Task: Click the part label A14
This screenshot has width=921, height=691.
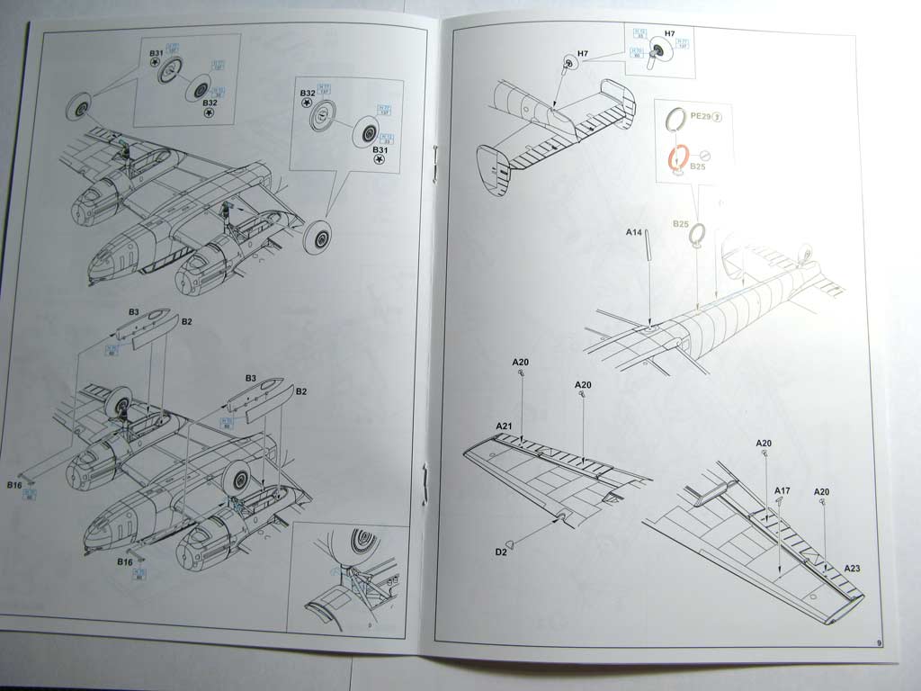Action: [633, 233]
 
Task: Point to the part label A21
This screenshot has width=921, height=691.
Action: [503, 426]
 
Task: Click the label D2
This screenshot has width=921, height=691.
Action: [500, 552]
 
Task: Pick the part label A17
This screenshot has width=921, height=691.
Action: [782, 490]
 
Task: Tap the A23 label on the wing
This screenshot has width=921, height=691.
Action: [853, 569]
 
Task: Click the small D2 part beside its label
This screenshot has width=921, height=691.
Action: [512, 543]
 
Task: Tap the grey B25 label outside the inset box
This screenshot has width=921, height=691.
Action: [680, 223]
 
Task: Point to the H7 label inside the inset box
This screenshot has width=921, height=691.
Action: [668, 33]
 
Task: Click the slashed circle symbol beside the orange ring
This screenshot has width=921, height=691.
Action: [704, 156]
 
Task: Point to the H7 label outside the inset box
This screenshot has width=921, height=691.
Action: [583, 55]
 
